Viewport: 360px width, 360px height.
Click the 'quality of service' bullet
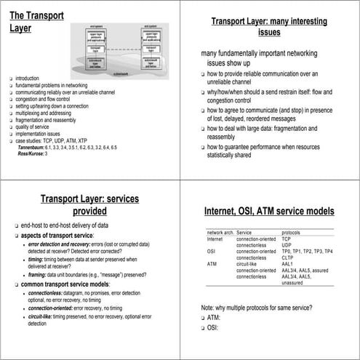tap(33, 128)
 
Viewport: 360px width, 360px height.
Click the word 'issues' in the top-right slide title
tap(269, 32)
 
